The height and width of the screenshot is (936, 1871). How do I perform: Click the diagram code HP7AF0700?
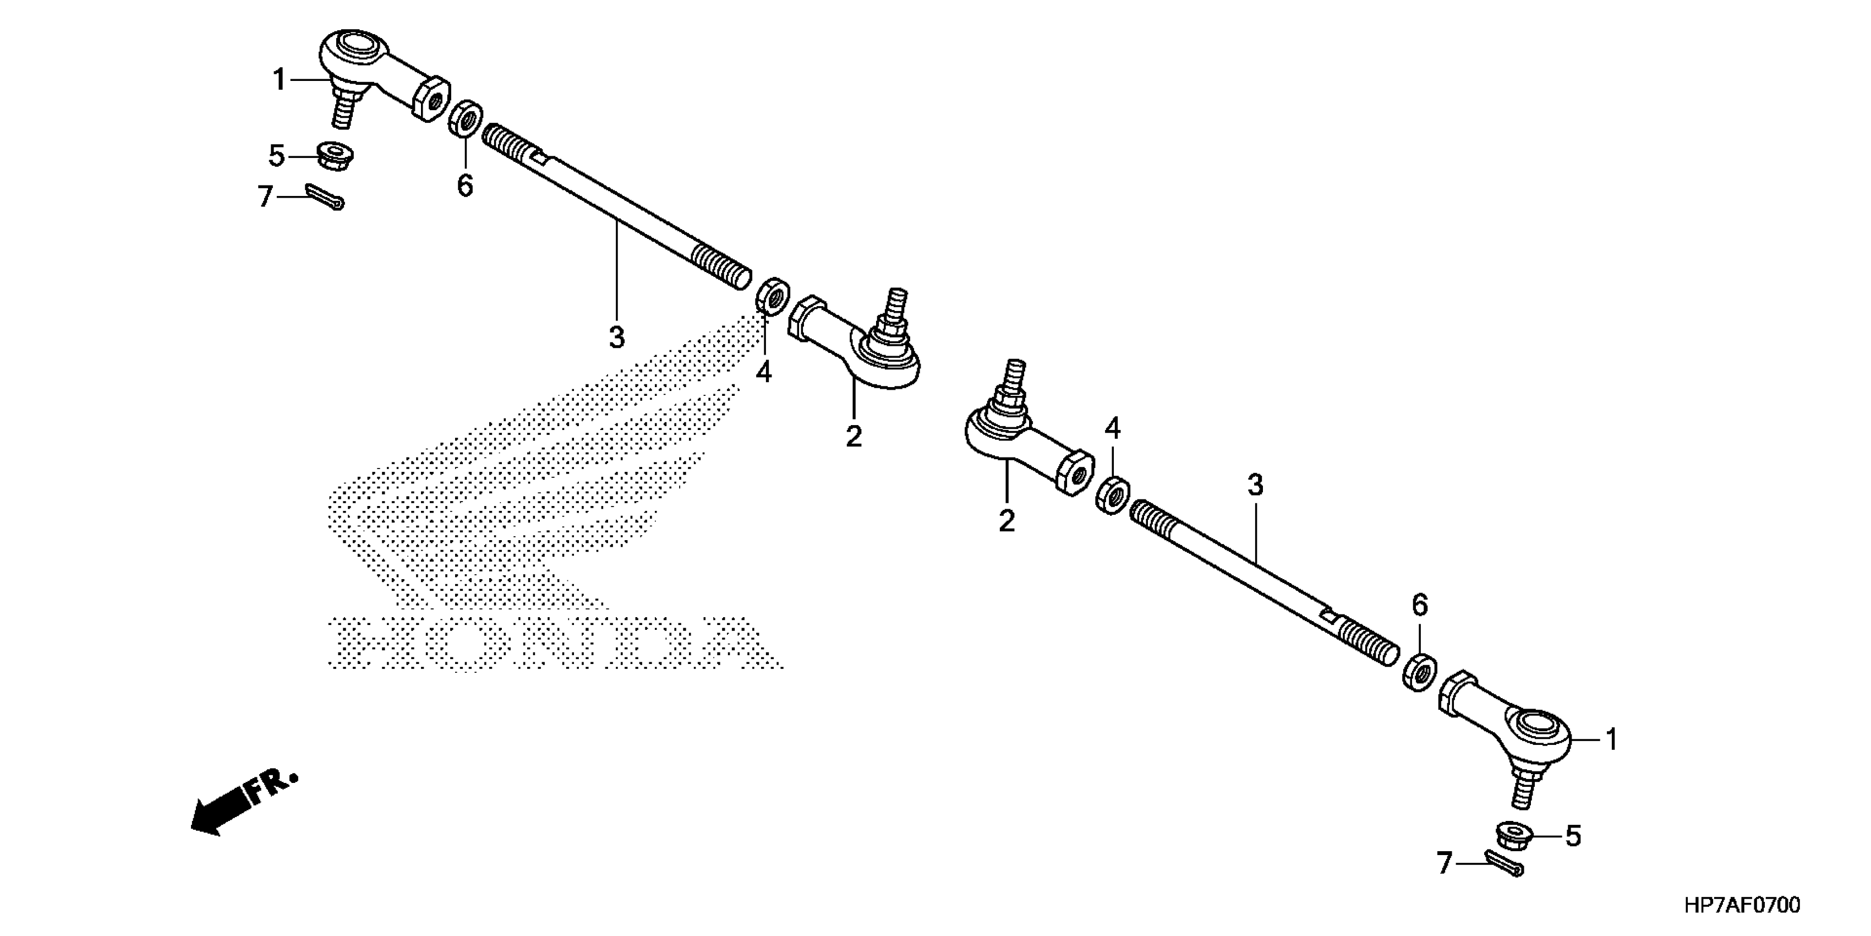point(1742,906)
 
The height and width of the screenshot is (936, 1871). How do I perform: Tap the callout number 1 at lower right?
point(1612,740)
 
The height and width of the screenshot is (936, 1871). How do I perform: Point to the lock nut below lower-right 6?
point(1419,672)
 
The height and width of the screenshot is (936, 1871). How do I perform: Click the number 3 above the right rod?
point(1256,485)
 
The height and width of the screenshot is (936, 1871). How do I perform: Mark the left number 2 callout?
point(854,436)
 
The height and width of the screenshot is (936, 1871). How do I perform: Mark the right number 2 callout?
point(1006,521)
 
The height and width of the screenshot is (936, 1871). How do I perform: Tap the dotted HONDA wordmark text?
point(552,643)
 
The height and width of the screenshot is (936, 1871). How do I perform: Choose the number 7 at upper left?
point(265,196)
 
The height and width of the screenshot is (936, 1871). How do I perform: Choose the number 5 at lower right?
point(1573,836)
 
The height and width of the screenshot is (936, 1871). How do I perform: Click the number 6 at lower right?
point(1420,605)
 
